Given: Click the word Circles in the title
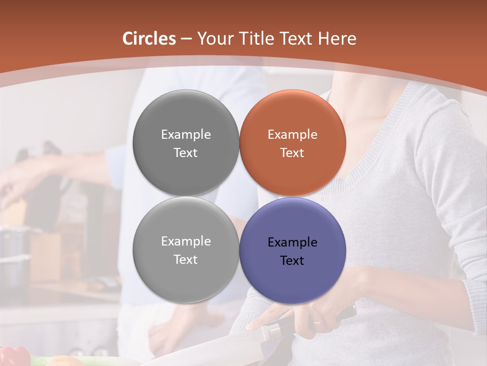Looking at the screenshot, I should point(149,39).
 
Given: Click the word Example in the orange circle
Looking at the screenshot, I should point(293,135).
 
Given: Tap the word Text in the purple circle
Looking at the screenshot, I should point(292,261).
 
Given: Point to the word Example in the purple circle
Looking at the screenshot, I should point(293,242).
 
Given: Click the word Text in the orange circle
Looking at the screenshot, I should point(292,153).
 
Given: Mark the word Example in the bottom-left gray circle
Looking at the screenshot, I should point(186,241).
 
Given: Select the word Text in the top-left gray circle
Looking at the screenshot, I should point(186,153).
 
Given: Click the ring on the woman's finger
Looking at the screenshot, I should point(317,321).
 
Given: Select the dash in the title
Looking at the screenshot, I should point(186,39).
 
